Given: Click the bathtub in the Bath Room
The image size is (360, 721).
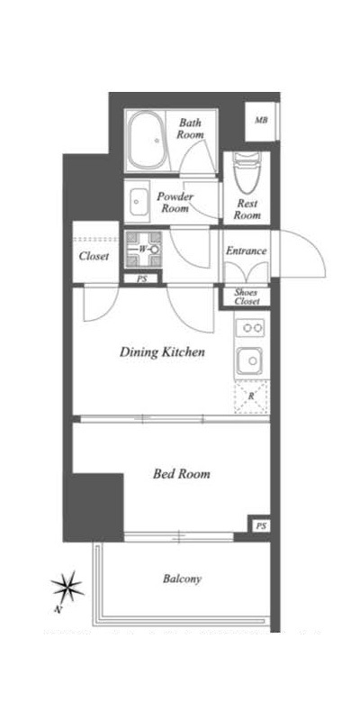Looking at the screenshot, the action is pos(147,141).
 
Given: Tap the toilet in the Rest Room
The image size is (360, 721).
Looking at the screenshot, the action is pos(247,172).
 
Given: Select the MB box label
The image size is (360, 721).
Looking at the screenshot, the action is pos(261,121).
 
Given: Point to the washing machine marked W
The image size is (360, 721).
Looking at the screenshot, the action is pos(143,250).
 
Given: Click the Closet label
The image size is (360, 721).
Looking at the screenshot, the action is pos(94,256).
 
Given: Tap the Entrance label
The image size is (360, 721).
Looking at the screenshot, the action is pos(246,251).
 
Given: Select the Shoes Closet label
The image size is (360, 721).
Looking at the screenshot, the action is pos(247,297).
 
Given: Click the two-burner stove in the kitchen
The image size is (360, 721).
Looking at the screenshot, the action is pos(251,328).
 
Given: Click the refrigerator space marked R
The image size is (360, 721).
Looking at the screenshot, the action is pos(251,397).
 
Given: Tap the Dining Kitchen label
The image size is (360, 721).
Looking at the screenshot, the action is pos(162,353).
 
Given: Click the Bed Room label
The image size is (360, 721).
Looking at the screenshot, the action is pos(182,474).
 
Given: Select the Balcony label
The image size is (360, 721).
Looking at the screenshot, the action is pos(183,579).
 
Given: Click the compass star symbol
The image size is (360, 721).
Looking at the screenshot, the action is pos(67,587).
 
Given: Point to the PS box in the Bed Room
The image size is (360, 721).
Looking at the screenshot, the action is pos(259,525).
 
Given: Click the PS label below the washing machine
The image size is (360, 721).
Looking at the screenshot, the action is pos(141,278).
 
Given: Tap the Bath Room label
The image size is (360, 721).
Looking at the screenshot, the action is pos(190,129).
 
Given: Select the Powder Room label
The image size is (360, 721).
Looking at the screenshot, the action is pos(175,202).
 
